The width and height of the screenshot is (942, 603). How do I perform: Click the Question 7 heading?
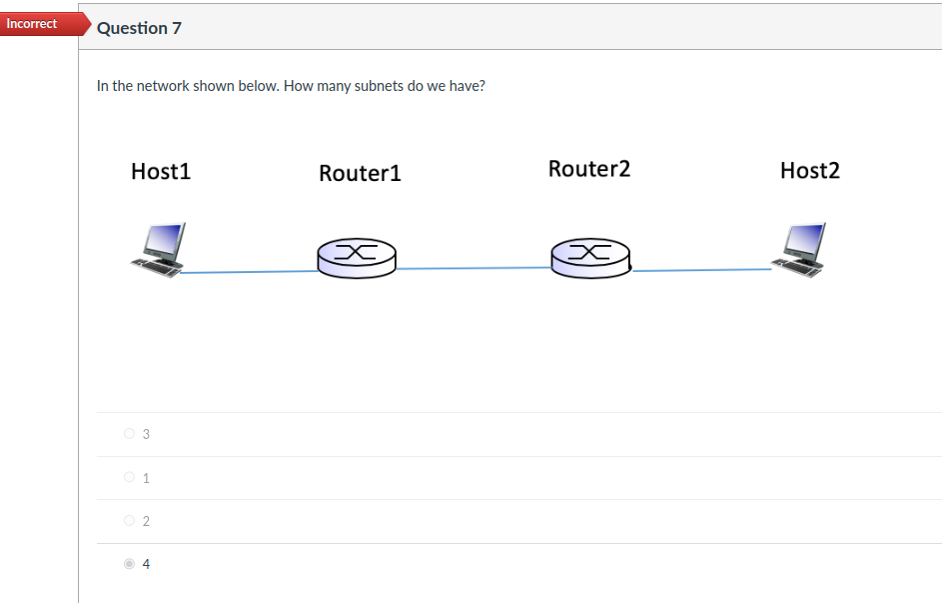click(139, 28)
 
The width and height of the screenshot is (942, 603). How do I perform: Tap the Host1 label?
click(161, 172)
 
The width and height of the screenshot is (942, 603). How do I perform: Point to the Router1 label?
click(360, 174)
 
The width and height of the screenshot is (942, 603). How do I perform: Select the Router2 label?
click(589, 169)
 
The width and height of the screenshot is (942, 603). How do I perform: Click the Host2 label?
click(810, 171)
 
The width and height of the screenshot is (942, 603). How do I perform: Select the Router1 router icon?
click(356, 257)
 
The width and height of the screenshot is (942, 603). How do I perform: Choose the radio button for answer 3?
click(129, 434)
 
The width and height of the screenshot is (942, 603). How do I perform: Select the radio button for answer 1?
click(129, 478)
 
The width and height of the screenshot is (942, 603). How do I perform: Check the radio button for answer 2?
click(129, 521)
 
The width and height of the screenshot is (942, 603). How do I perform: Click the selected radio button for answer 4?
click(129, 564)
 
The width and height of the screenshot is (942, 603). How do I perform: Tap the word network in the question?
click(162, 86)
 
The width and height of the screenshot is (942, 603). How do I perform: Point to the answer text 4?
click(146, 564)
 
